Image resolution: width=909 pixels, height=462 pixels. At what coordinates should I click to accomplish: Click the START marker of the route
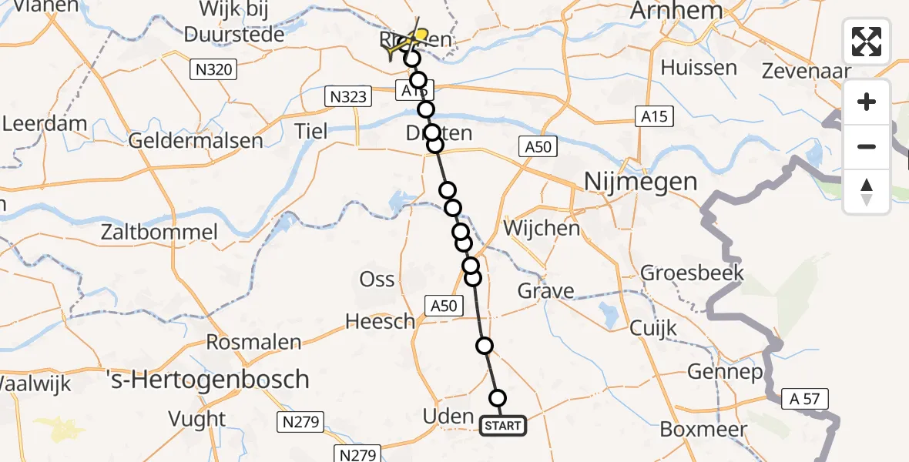(504, 426)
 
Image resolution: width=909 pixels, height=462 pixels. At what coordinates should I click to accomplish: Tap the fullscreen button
(867, 42)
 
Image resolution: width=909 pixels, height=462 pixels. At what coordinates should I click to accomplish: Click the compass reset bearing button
(867, 192)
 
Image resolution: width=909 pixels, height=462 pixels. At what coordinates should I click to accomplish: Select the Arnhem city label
(677, 11)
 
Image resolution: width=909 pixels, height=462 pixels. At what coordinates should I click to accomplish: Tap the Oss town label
(377, 280)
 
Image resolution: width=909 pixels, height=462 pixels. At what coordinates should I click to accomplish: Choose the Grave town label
(545, 291)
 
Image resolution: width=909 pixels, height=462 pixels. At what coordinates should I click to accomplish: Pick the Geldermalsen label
(196, 141)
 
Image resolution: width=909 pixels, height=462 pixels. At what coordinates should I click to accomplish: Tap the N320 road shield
(213, 70)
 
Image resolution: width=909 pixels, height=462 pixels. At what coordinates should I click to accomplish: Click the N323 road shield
(348, 96)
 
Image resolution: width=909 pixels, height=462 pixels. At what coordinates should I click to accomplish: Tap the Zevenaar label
(806, 72)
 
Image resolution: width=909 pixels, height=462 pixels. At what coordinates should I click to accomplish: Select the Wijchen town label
(541, 228)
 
